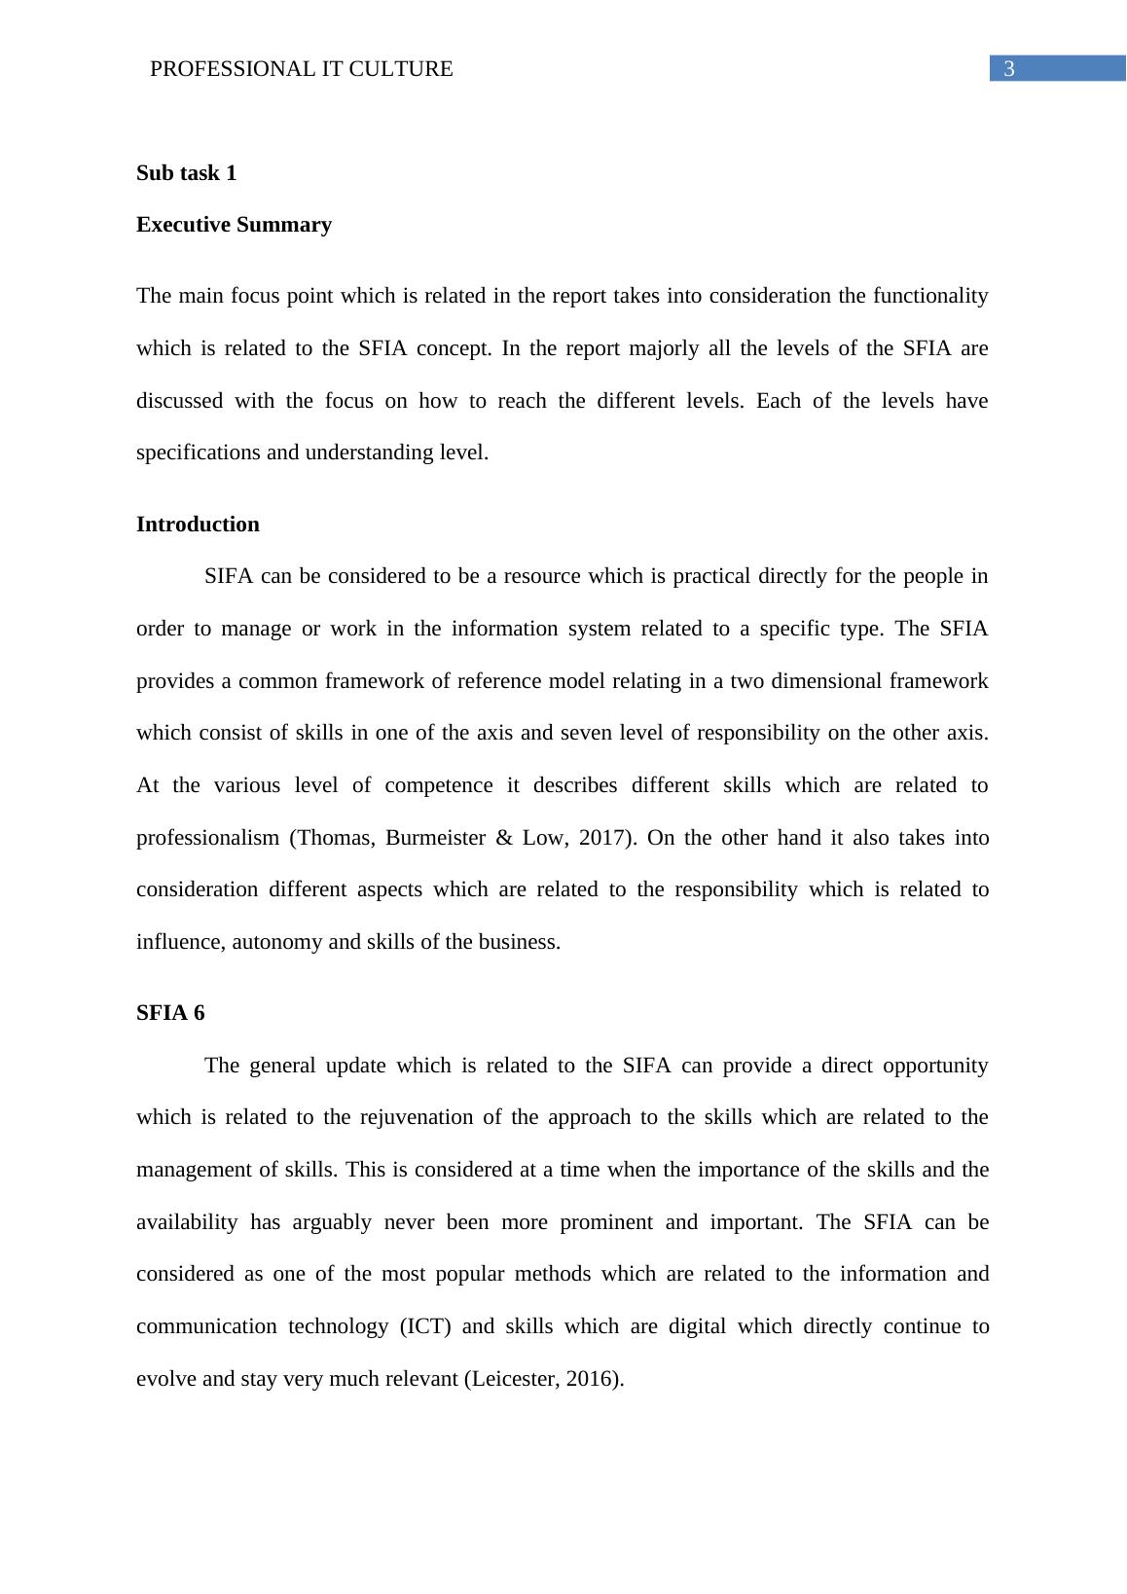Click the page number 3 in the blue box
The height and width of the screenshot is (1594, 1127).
tap(1009, 69)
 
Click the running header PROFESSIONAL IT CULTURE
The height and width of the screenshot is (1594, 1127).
tap(302, 69)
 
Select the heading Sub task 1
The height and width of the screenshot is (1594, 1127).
tap(186, 173)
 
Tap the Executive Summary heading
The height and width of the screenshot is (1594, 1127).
tap(234, 225)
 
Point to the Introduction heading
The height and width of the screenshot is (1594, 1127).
tap(198, 525)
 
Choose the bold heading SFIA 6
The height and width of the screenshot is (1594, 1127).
tap(170, 1013)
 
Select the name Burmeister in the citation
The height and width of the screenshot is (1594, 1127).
tap(434, 838)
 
